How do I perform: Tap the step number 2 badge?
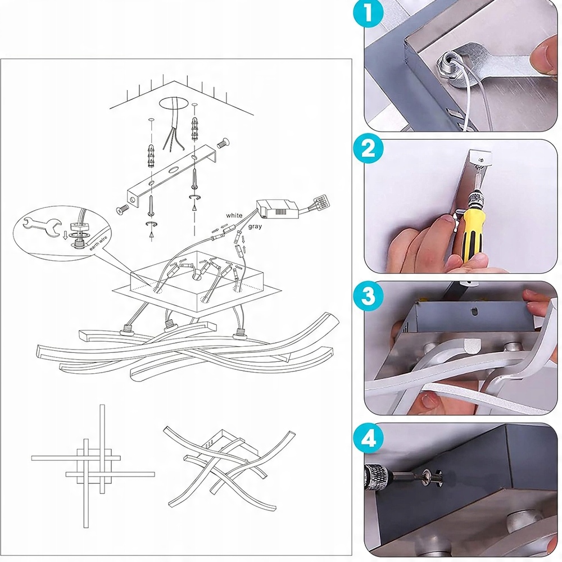point(368,149)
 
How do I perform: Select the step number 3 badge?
point(368,296)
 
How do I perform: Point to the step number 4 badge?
point(368,438)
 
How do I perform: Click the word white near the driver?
point(234,215)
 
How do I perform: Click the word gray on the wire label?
point(255,226)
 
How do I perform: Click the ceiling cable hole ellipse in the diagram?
point(174,103)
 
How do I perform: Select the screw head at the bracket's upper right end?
point(223,143)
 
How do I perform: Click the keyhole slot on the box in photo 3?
point(474,311)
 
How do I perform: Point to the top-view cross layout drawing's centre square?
point(94,466)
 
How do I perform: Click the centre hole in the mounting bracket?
point(175,170)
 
